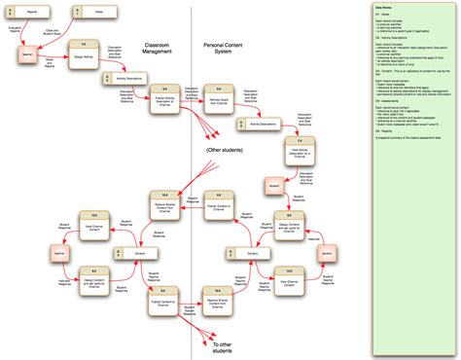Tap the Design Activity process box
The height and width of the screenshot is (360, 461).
(84, 54)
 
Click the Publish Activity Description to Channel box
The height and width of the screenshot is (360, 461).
(165, 99)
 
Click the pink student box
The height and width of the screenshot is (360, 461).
(273, 183)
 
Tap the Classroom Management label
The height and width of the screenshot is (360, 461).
(159, 48)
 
